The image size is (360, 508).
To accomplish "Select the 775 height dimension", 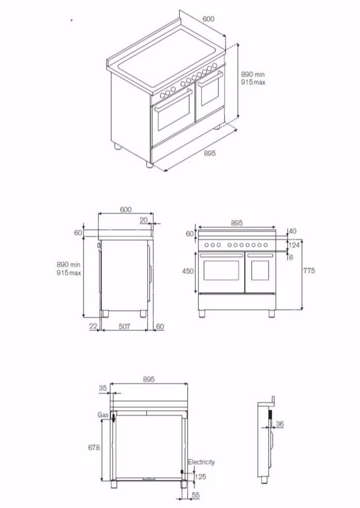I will [x=309, y=271].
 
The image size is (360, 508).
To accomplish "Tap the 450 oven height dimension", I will [x=188, y=271].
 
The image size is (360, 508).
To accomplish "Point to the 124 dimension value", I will [x=293, y=245].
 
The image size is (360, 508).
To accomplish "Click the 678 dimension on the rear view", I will [x=93, y=447].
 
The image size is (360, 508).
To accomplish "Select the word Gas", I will [x=103, y=414].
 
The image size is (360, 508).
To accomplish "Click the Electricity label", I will [x=201, y=462].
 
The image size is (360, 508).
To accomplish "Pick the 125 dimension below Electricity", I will [x=201, y=477].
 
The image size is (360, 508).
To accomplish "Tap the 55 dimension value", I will [x=196, y=496].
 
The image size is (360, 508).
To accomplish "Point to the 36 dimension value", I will [x=279, y=424].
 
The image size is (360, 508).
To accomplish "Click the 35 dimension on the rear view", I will [x=103, y=389].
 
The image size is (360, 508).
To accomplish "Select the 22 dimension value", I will [x=93, y=326].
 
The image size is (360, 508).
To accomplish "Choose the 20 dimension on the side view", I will [x=143, y=219].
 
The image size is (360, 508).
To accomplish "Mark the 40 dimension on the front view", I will [x=293, y=231].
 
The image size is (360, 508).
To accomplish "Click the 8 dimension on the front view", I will [x=291, y=257].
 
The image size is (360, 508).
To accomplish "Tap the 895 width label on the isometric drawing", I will [x=209, y=153].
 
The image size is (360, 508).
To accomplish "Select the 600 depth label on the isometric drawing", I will [x=208, y=19].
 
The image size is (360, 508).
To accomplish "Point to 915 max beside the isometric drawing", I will [x=253, y=82].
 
